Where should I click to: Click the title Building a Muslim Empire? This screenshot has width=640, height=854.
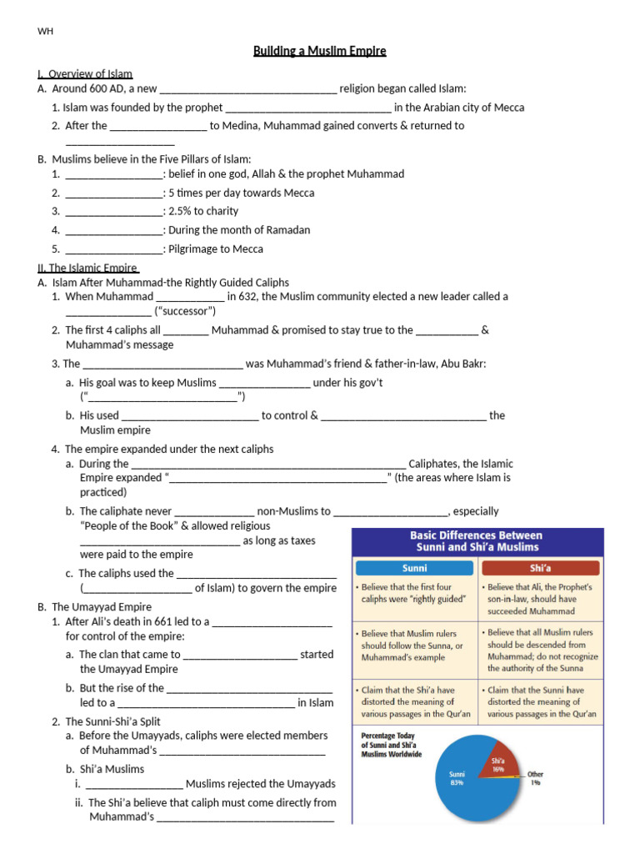320,52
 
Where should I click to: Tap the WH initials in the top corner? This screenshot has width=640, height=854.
45,32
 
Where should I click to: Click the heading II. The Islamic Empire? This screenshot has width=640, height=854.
88,268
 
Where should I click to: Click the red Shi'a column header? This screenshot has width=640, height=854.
541,568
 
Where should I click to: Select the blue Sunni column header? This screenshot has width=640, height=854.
414,568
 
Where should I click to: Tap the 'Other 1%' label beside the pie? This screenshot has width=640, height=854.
535,777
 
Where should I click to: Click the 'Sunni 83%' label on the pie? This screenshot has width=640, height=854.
457,779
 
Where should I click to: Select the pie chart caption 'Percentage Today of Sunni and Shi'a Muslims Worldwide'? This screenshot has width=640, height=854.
392,745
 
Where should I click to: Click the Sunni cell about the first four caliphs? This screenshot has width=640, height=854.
414,593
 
